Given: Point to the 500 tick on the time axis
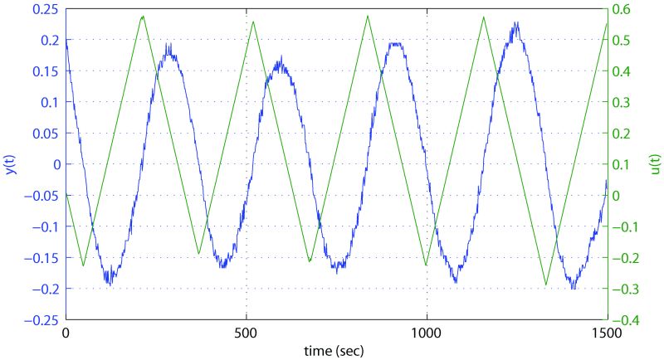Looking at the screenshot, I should pyautogui.click(x=247, y=332).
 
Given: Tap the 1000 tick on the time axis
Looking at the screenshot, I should pyautogui.click(x=427, y=332).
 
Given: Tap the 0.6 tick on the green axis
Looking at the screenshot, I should pyautogui.click(x=622, y=8).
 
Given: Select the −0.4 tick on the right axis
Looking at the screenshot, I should pyautogui.click(x=625, y=319).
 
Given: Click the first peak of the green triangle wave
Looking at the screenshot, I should pyautogui.click(x=143, y=16).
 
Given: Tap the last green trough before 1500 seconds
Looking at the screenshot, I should pyautogui.click(x=545, y=285).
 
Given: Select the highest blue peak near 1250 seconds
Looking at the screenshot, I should pyautogui.click(x=516, y=23).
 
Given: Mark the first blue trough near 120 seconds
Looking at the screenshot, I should pyautogui.click(x=109, y=284).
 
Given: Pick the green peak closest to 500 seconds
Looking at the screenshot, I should pyautogui.click(x=253, y=21).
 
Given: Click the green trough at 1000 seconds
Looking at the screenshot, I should pyautogui.click(x=427, y=265).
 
